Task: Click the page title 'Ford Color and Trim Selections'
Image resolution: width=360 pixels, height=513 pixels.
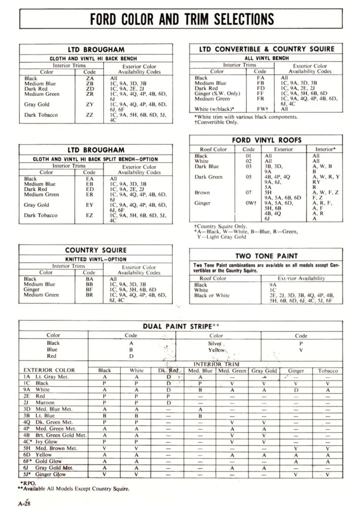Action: click(x=182, y=19)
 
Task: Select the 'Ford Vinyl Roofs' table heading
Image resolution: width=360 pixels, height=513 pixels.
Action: click(x=266, y=140)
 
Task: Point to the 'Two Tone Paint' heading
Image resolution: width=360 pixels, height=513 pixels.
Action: click(x=266, y=256)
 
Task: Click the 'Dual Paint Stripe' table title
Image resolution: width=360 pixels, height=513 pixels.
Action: click(x=179, y=326)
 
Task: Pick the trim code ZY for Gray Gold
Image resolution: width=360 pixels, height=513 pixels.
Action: click(x=90, y=104)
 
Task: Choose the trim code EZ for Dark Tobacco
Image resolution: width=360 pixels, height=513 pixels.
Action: click(x=90, y=216)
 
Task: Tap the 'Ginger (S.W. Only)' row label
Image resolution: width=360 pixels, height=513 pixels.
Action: click(x=217, y=94)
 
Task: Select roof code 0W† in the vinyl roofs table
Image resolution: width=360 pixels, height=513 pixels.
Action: click(x=249, y=203)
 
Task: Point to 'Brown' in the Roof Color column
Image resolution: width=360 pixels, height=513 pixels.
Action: click(x=202, y=193)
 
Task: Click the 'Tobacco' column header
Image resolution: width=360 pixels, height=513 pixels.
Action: click(x=328, y=371)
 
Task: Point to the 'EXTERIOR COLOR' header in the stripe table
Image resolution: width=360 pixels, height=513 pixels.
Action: click(x=49, y=371)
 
